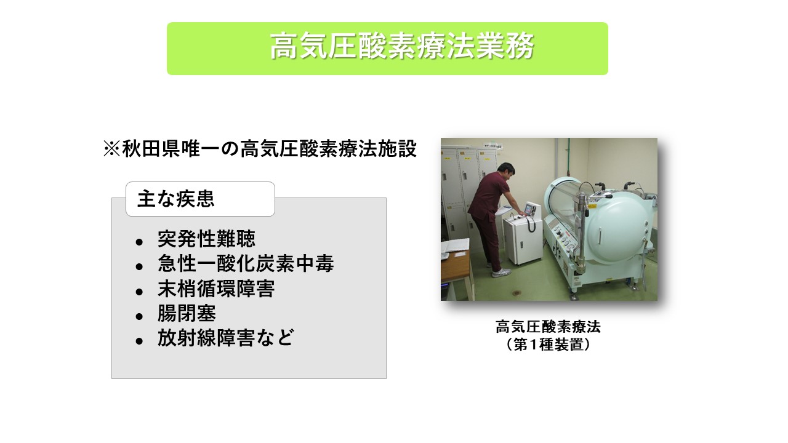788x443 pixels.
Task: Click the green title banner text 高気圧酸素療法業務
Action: (x=401, y=47)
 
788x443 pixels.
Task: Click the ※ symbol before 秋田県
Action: (x=111, y=149)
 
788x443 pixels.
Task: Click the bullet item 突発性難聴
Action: (x=206, y=239)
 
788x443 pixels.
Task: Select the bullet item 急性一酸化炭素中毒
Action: (x=245, y=264)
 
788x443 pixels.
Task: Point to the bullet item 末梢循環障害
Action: (x=215, y=289)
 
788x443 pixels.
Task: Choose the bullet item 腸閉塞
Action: (x=187, y=314)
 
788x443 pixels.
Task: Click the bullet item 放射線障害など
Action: (x=225, y=339)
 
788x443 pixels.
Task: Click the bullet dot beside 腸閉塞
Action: (x=139, y=316)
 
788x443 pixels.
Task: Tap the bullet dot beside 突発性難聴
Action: (x=139, y=241)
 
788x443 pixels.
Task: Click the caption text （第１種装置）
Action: (x=548, y=345)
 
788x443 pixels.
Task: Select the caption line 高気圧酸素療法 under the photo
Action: (x=548, y=327)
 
